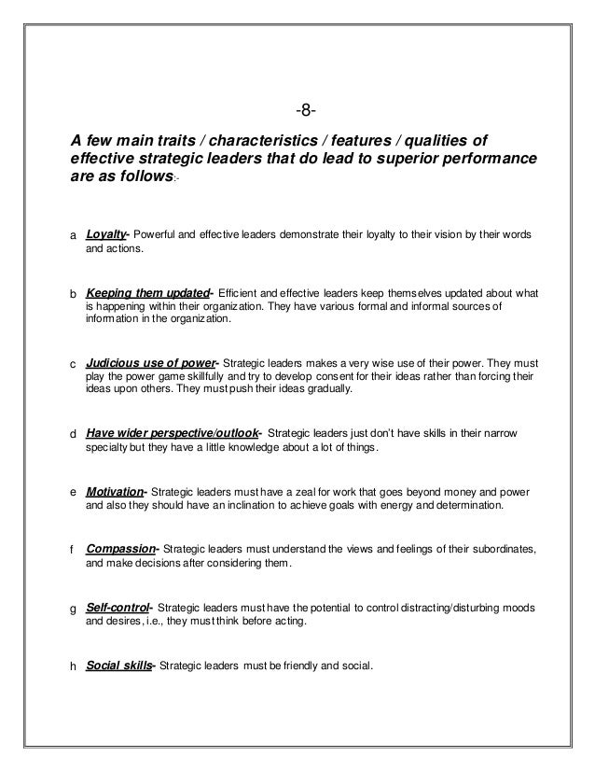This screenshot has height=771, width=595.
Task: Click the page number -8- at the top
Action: [306, 113]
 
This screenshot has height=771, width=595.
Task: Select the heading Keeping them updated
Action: [146, 291]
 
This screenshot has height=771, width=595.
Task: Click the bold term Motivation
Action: [115, 491]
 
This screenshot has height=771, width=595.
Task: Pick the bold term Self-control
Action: [117, 607]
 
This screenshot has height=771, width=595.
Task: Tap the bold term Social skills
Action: [118, 665]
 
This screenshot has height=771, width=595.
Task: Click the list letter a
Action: [75, 234]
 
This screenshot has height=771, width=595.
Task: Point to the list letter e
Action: [75, 492]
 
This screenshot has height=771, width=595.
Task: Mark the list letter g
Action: [75, 609]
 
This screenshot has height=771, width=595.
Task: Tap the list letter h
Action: [75, 666]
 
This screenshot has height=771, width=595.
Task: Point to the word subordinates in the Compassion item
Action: [496, 550]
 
